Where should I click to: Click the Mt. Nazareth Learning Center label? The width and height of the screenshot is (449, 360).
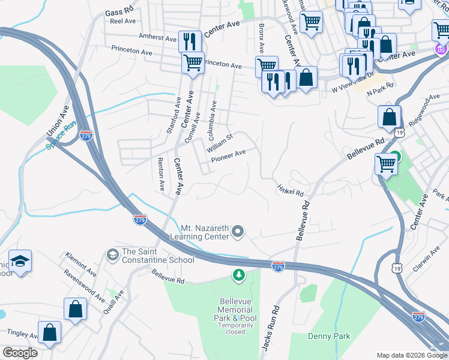[x=205, y=232]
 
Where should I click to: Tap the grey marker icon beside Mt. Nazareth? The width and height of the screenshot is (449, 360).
[x=238, y=231]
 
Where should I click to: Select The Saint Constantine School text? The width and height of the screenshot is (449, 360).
[x=158, y=256]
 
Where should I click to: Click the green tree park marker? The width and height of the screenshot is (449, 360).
[x=239, y=275]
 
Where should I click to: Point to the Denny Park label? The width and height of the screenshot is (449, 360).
[x=329, y=337]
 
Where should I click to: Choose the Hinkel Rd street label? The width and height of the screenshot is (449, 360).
[x=291, y=190]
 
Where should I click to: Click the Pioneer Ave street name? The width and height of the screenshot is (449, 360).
[x=228, y=155]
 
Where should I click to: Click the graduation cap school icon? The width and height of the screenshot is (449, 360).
[x=20, y=262]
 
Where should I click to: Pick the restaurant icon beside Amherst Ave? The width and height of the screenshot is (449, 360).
[x=189, y=41]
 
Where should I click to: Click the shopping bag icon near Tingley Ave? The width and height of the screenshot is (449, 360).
[x=49, y=332]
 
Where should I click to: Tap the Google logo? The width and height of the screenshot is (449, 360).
[x=20, y=353]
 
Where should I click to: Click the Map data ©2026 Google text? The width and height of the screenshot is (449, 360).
[x=411, y=355]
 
